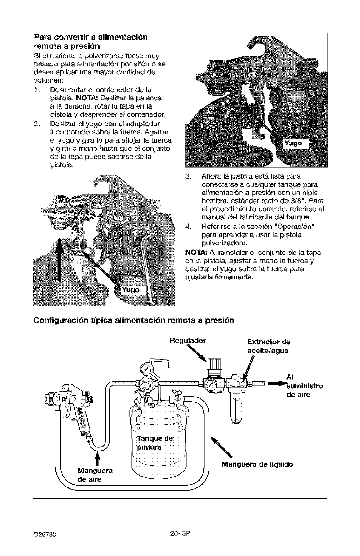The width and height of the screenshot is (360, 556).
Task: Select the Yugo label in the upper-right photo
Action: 293,144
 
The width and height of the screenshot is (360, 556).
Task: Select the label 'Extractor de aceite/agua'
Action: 269,346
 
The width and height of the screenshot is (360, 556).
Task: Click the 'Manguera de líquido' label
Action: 257,464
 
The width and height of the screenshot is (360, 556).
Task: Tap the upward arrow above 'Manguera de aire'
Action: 97,456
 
